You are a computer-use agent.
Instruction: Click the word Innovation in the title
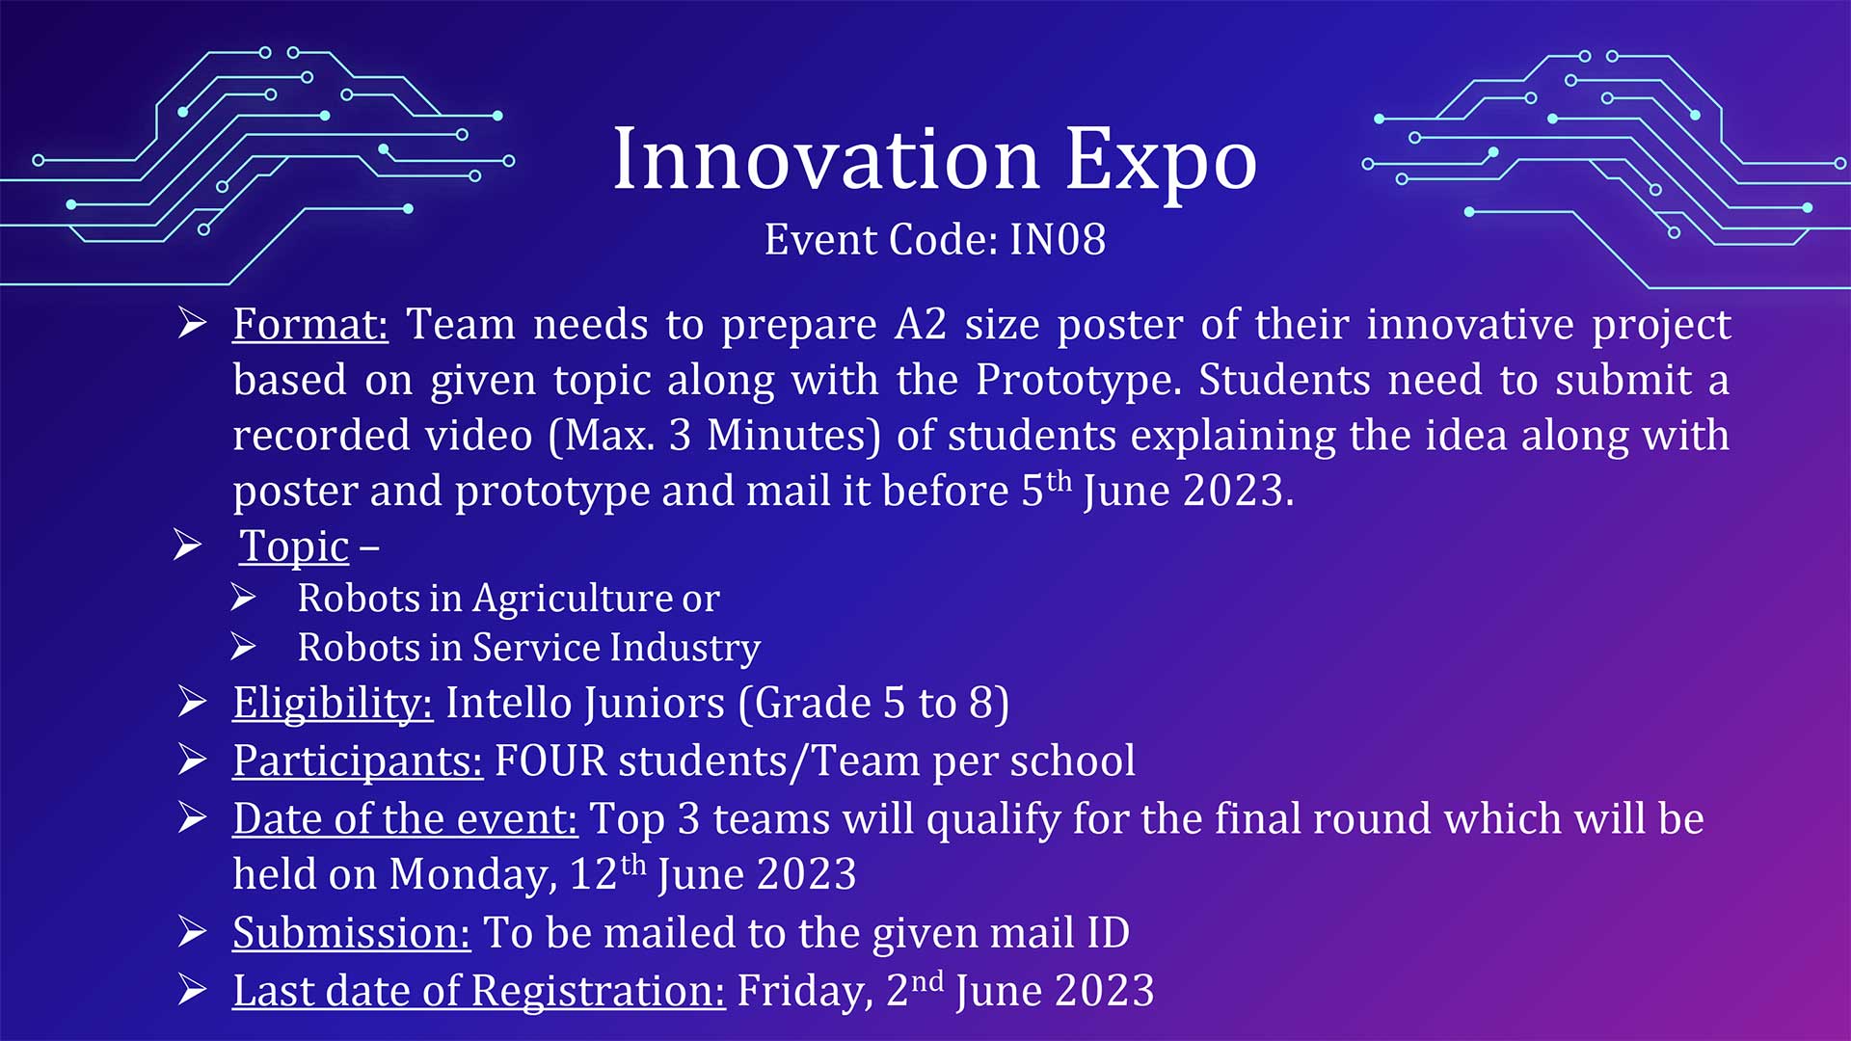tap(826, 159)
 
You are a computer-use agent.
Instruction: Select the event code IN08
tap(1058, 239)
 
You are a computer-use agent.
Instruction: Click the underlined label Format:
tap(310, 324)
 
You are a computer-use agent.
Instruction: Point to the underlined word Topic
tap(294, 547)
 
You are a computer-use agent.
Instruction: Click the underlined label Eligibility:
tap(333, 703)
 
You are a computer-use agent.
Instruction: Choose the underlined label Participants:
tap(358, 761)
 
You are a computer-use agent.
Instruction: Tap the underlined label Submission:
tap(352, 933)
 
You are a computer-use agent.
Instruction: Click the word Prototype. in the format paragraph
tap(1079, 381)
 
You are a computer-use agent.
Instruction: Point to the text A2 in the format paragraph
tap(921, 325)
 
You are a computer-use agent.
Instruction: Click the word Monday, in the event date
tap(473, 875)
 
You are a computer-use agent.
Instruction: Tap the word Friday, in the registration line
tap(805, 991)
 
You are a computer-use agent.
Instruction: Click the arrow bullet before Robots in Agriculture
tap(243, 598)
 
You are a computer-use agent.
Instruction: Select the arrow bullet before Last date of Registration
tap(192, 989)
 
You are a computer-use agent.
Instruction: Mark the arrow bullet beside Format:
tap(192, 323)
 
